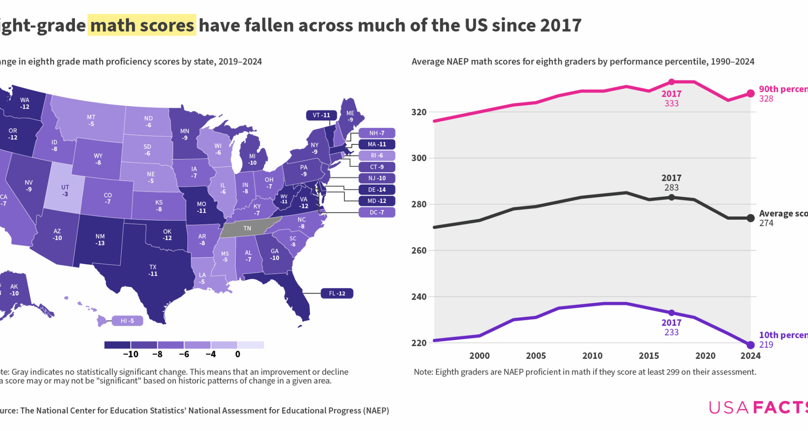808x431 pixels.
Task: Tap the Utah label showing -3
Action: click(x=65, y=191)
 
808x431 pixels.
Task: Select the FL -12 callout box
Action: click(x=337, y=293)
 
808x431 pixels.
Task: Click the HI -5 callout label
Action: click(x=127, y=321)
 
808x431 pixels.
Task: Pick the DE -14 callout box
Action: click(x=377, y=190)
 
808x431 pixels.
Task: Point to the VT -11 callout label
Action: click(x=321, y=115)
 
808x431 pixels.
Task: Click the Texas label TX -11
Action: click(x=153, y=270)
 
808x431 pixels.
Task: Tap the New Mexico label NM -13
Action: click(x=100, y=239)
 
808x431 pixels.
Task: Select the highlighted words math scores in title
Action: click(x=142, y=25)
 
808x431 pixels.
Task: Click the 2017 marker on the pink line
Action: click(x=672, y=82)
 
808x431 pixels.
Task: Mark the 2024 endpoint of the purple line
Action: click(x=750, y=345)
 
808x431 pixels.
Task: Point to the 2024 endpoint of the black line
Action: click(x=750, y=218)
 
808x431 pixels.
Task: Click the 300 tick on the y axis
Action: click(x=419, y=158)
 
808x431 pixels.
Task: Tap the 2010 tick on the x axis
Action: click(x=592, y=356)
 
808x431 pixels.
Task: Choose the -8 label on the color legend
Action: click(x=157, y=354)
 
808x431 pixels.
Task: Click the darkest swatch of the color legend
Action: click(x=117, y=345)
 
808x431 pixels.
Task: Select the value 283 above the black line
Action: click(x=671, y=188)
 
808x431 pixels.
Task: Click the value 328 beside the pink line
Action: click(x=766, y=99)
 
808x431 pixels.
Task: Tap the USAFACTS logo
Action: click(x=757, y=407)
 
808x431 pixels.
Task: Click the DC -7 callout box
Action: click(x=377, y=213)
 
